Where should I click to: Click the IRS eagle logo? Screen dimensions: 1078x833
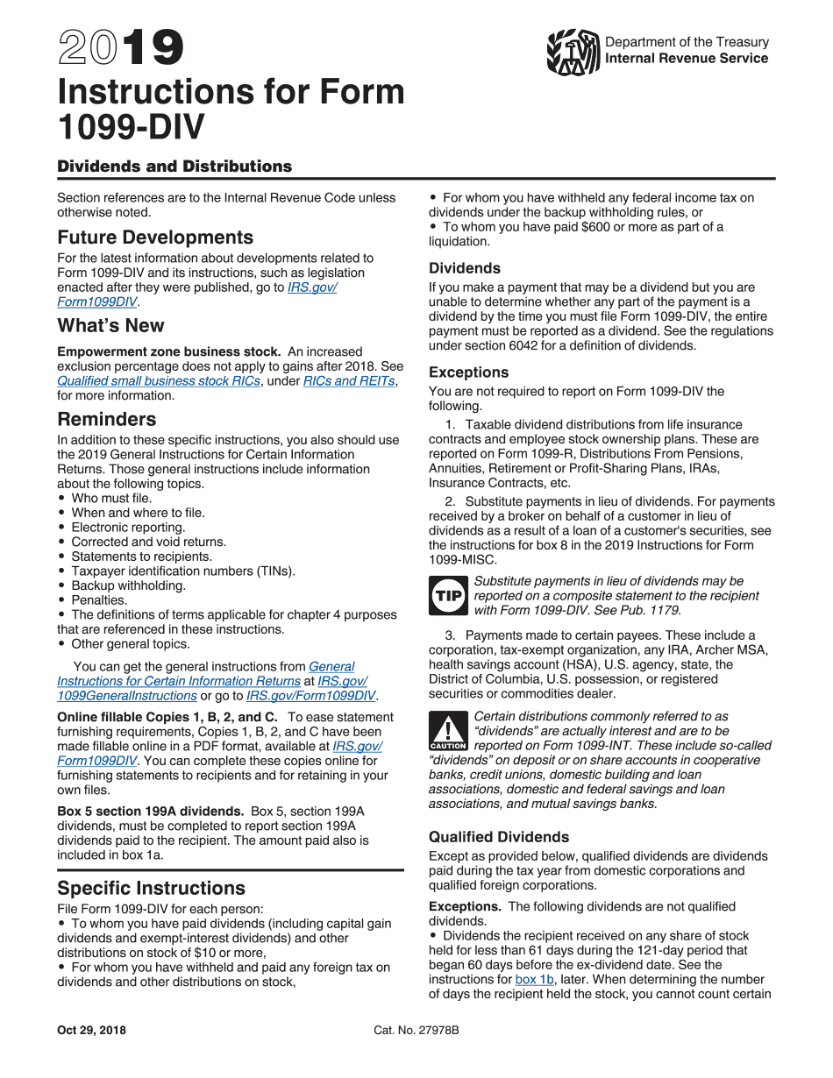tap(573, 52)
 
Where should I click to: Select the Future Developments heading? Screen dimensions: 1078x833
tap(155, 238)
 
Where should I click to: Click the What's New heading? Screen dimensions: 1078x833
tap(110, 326)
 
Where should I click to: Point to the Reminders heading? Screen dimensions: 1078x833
tap(106, 419)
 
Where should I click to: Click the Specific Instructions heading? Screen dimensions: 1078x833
tap(151, 888)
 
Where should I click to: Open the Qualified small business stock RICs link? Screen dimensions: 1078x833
tap(159, 381)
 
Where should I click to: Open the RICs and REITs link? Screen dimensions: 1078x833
tap(349, 381)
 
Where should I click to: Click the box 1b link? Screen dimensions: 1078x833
tap(535, 980)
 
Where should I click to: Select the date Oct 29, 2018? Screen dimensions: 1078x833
tap(91, 1031)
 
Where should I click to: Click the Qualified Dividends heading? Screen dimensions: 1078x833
tap(499, 837)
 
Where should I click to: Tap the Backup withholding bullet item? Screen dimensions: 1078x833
tap(128, 585)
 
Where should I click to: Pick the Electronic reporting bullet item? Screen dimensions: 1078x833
tap(128, 528)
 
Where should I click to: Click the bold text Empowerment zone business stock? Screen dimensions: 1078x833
tap(168, 351)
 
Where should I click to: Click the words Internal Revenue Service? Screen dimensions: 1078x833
tap(687, 59)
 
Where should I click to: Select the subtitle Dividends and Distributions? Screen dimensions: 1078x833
tap(174, 167)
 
